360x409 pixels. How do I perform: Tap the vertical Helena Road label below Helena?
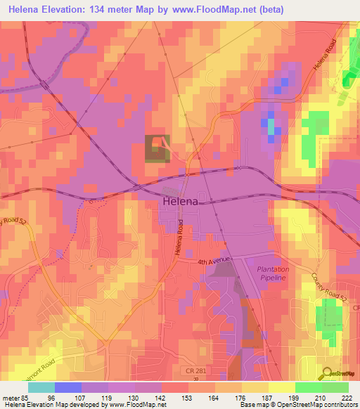click(x=180, y=238)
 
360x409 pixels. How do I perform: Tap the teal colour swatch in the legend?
click(x=41, y=387)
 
